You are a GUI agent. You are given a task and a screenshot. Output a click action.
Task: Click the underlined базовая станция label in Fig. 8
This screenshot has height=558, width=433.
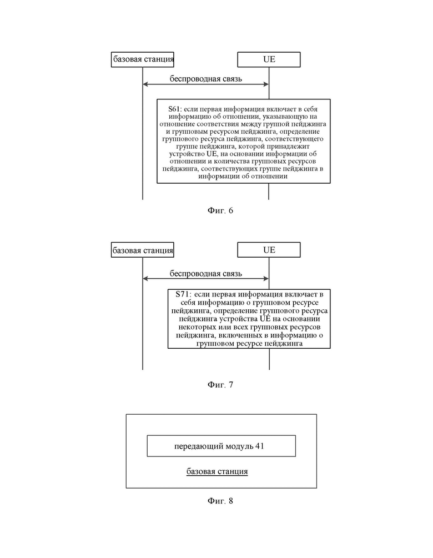217,471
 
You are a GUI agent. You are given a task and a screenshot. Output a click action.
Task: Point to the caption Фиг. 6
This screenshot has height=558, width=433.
220,210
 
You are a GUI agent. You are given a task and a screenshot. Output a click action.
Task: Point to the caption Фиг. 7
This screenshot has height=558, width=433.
220,385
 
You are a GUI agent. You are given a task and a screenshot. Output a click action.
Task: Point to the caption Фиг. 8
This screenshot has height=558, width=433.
220,501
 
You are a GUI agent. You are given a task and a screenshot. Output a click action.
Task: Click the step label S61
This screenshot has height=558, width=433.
174,109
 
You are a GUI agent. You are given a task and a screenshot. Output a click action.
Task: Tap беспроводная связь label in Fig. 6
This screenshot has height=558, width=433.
205,79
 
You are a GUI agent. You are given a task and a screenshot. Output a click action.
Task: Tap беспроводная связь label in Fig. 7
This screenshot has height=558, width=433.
205,273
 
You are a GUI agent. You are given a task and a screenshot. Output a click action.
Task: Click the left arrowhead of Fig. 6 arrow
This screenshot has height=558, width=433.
145,84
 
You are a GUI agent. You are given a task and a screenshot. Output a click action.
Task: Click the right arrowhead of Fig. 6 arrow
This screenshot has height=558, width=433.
266,84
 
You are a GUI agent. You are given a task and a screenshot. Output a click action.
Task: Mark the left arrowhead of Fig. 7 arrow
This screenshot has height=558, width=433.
145,279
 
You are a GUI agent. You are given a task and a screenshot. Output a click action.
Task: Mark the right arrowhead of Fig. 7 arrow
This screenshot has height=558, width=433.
266,279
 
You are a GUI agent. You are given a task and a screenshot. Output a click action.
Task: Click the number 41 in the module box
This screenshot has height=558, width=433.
260,446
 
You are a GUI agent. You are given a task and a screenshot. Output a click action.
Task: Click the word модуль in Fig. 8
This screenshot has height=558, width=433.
239,446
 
